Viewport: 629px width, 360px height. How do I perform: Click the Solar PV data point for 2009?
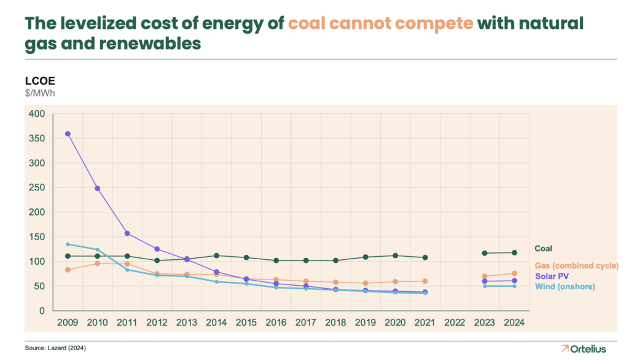(x=68, y=133)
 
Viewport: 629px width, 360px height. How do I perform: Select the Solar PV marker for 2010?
(x=97, y=189)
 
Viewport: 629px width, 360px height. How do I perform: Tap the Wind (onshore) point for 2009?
(x=68, y=245)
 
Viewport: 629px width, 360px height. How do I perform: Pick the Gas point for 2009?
(x=68, y=270)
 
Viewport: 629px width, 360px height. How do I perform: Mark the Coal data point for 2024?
(x=514, y=252)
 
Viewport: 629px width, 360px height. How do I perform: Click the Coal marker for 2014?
(x=216, y=256)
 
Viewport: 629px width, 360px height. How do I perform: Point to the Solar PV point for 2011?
(x=127, y=233)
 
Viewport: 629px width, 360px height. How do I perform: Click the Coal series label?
(x=543, y=249)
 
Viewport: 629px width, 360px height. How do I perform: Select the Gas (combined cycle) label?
(x=576, y=265)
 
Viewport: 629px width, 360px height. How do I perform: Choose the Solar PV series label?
(x=551, y=276)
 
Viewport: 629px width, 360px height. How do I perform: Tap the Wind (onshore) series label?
(x=565, y=286)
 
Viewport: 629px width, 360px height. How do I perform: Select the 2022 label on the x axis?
(x=455, y=322)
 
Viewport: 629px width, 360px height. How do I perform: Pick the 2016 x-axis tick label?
(x=276, y=322)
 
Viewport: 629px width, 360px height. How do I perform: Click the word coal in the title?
(x=307, y=24)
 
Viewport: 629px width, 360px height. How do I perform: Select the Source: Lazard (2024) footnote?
(x=55, y=348)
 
